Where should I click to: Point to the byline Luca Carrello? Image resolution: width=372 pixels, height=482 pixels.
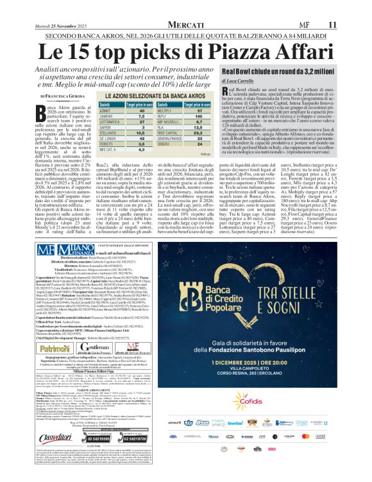(x=239, y=81)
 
